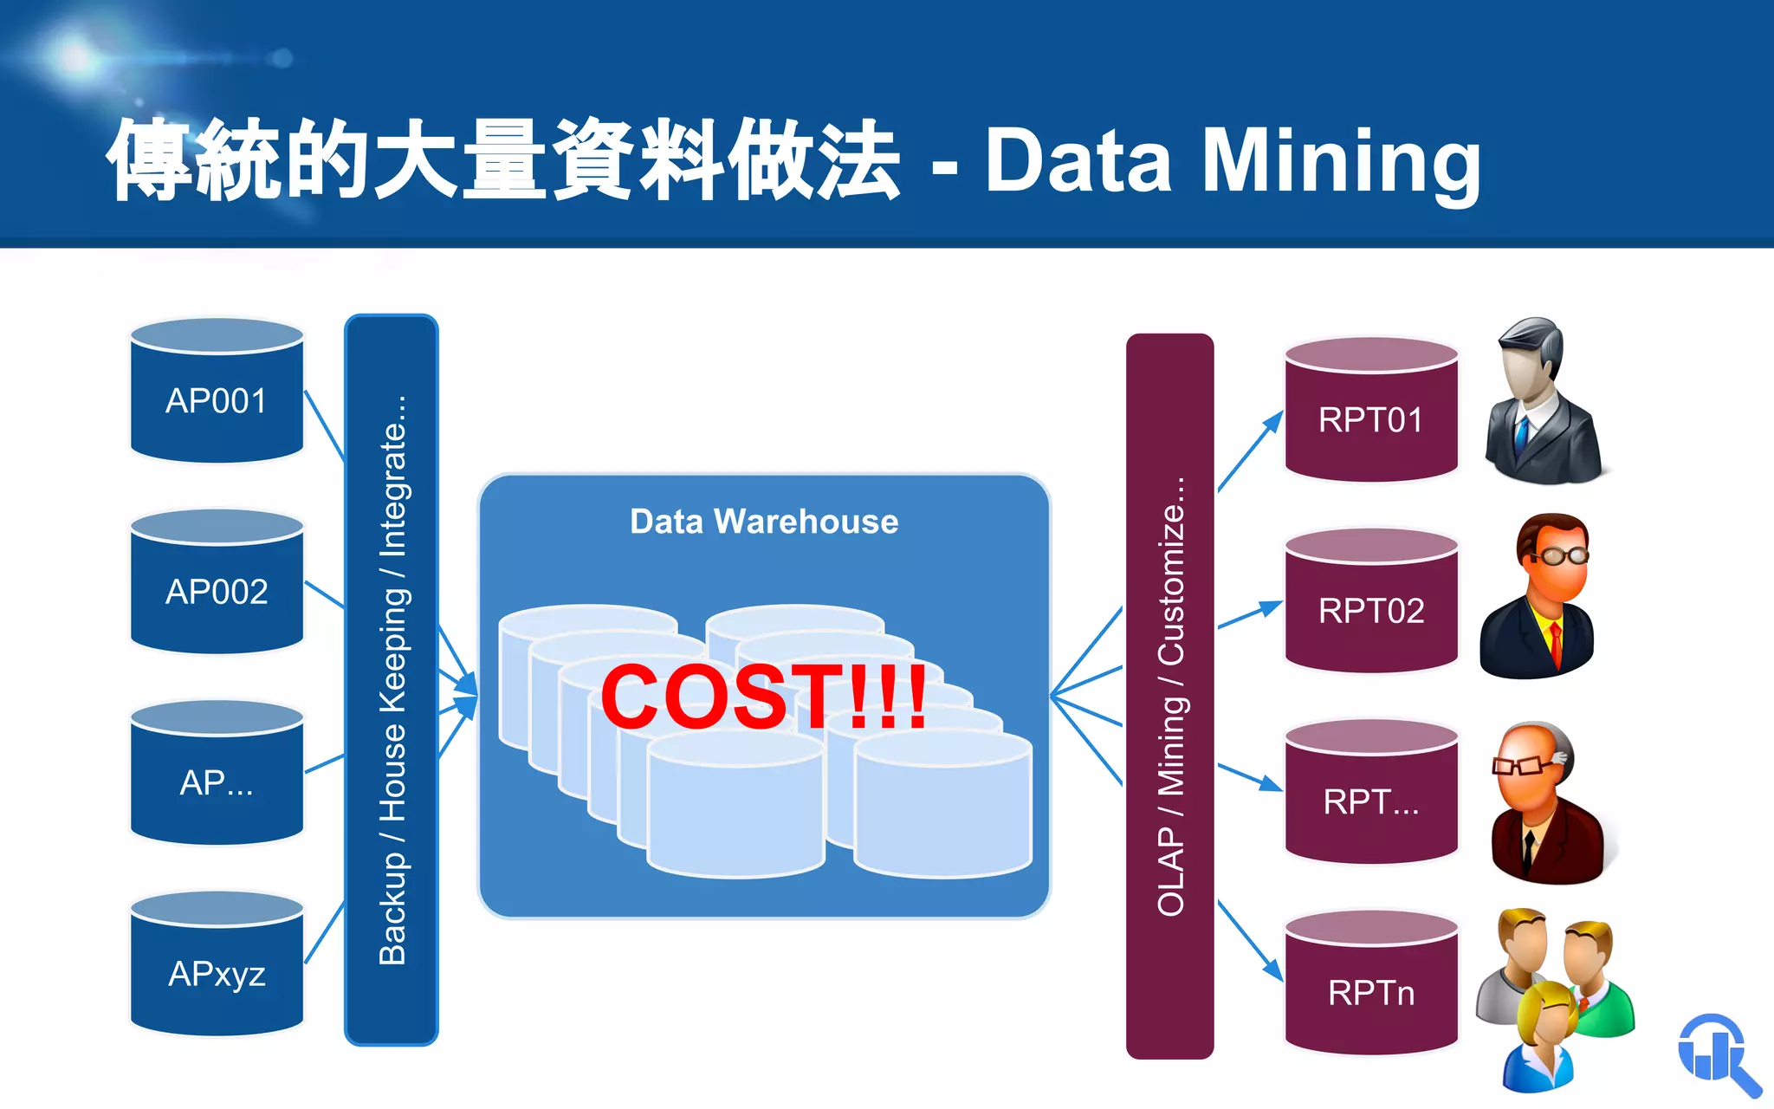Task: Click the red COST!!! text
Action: (763, 697)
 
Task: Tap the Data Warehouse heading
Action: (764, 522)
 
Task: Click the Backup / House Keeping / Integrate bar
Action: (392, 680)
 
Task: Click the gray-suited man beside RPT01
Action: (1542, 403)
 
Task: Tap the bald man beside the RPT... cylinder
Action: (1546, 804)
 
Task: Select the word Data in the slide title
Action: (1078, 162)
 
